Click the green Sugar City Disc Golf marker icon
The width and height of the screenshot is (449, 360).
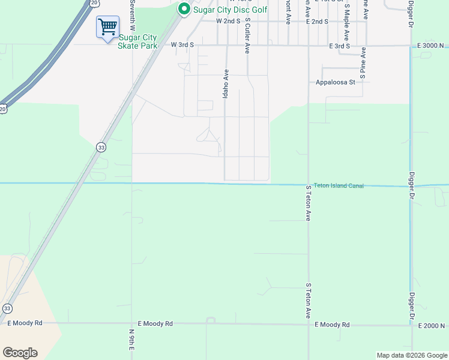click(184, 8)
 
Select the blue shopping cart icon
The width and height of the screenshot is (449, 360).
click(107, 26)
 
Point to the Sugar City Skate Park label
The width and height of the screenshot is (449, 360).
click(137, 41)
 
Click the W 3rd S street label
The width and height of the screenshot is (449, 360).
click(182, 45)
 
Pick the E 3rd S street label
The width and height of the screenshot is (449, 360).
click(339, 46)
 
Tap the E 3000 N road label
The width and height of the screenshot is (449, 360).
click(432, 46)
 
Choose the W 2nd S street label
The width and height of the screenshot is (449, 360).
click(228, 21)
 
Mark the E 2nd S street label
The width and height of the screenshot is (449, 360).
click(317, 21)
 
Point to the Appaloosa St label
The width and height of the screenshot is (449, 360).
click(336, 82)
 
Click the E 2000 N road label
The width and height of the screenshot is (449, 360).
click(432, 326)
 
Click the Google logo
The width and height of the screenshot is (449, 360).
click(20, 353)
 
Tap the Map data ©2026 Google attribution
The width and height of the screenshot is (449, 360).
click(411, 355)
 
